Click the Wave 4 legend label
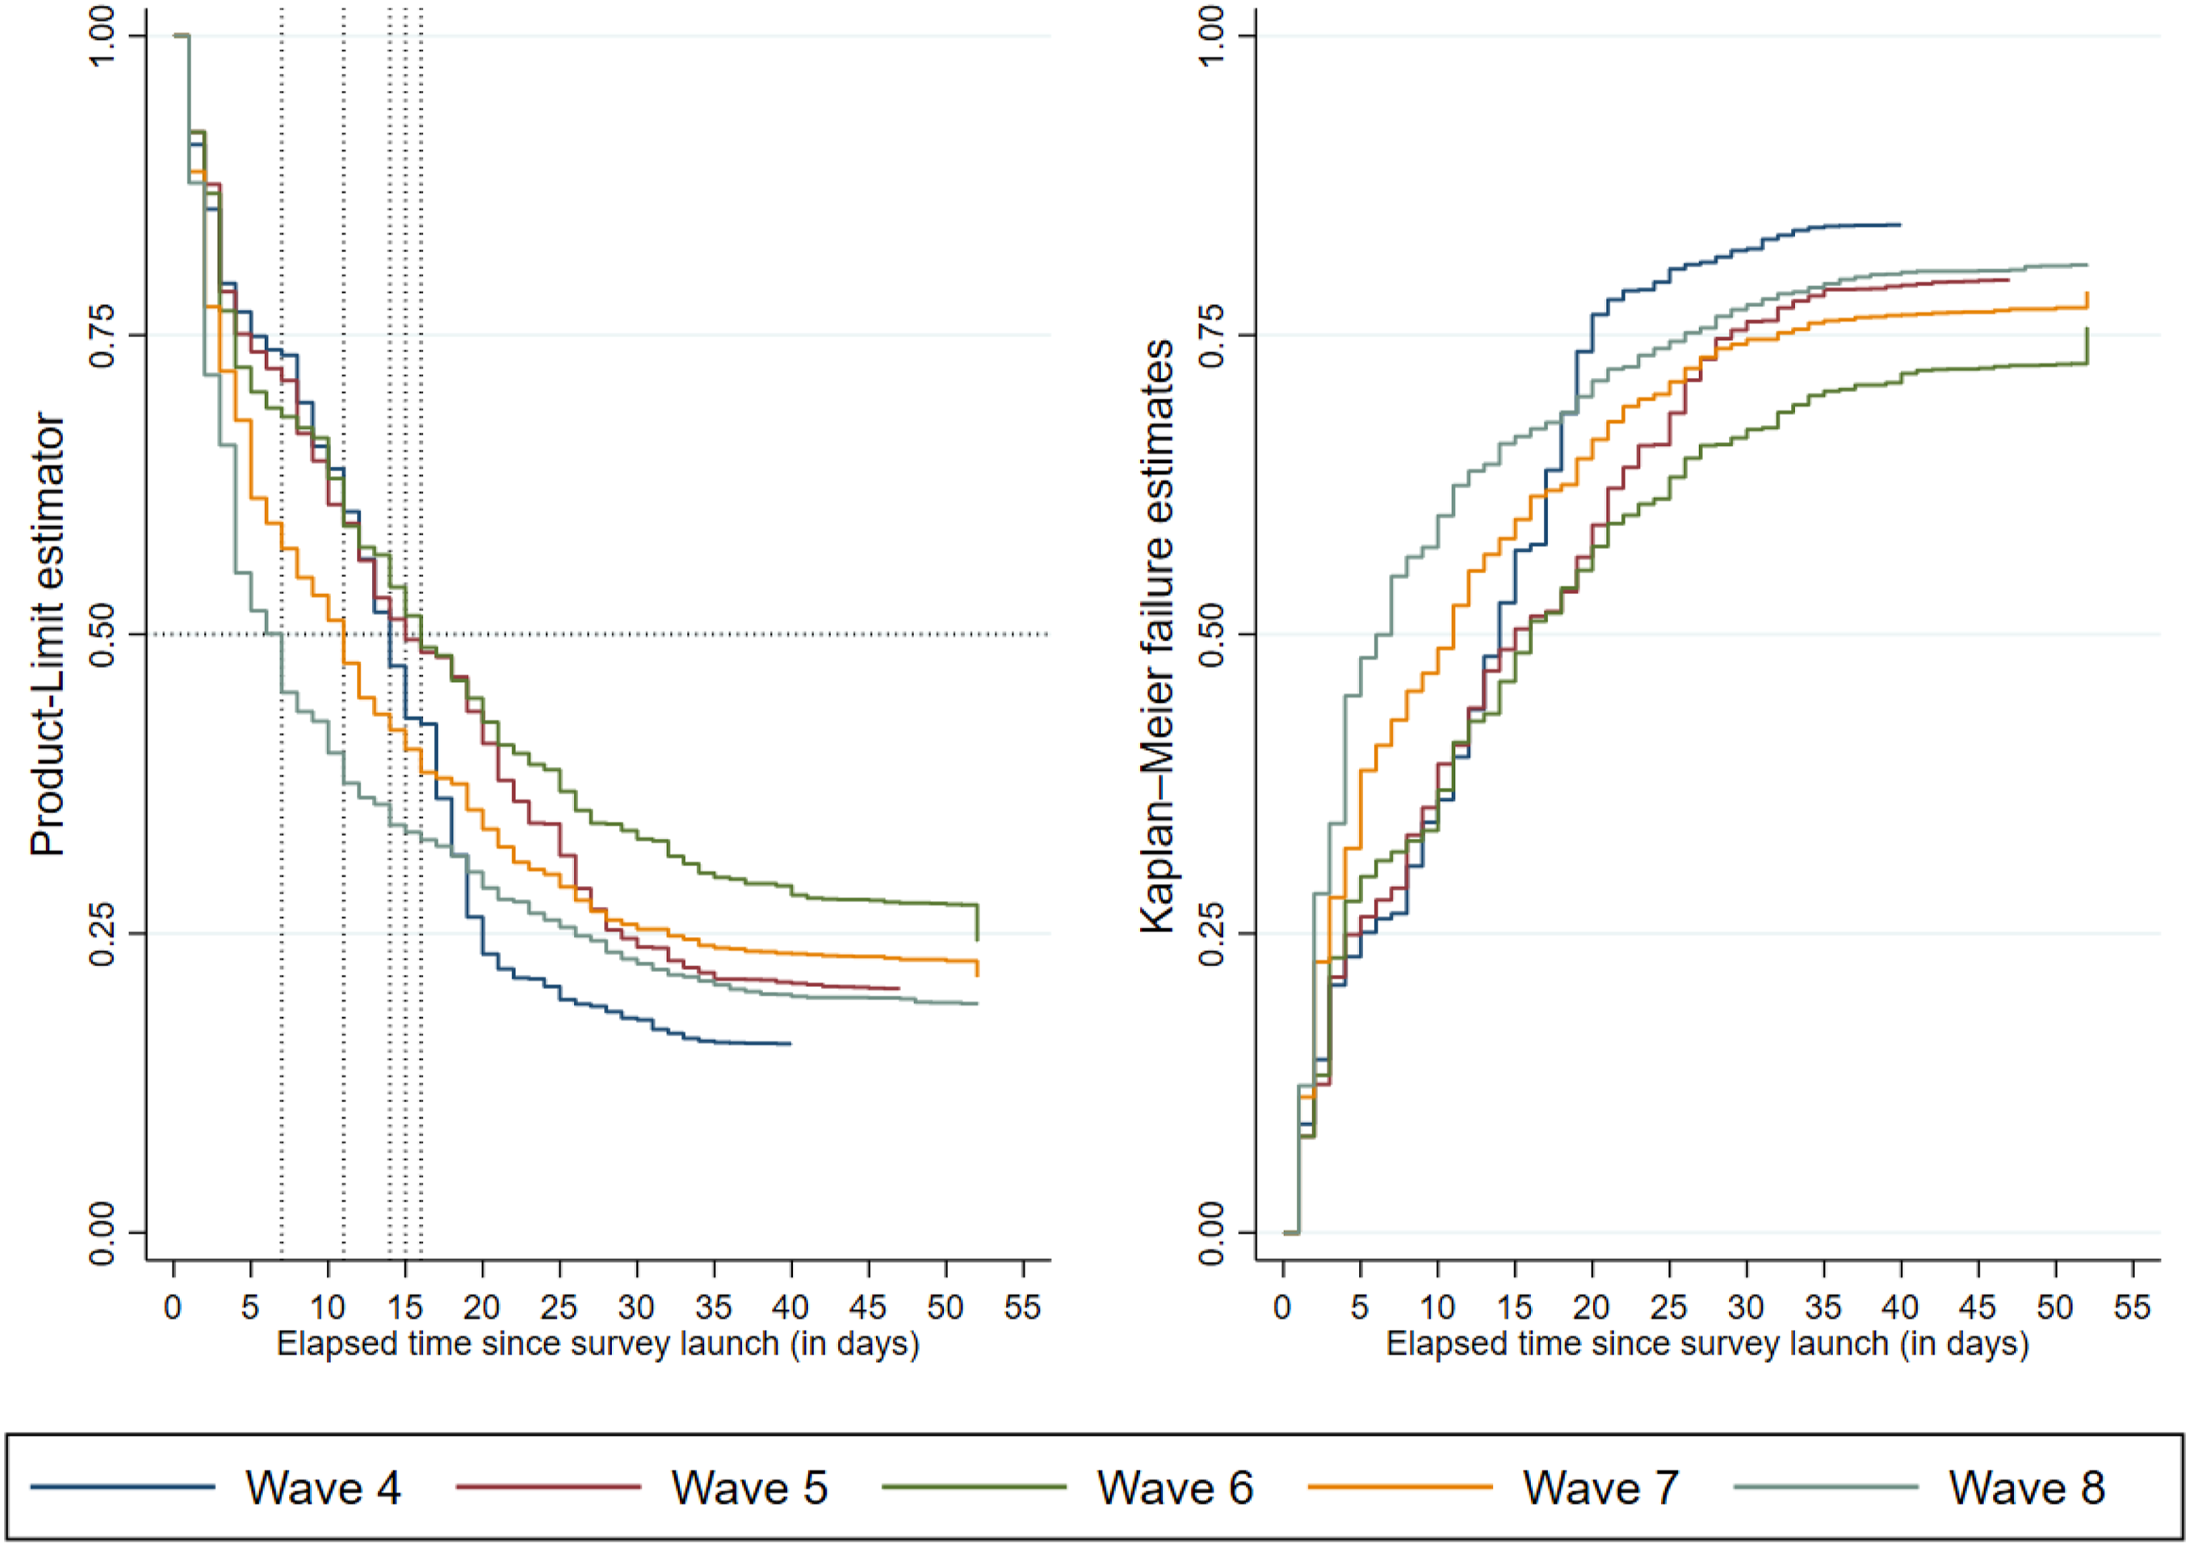[323, 1488]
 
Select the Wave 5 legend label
[750, 1488]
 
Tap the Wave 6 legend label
[1175, 1488]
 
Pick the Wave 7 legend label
[1602, 1488]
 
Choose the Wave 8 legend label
[2027, 1488]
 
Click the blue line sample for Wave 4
[123, 1487]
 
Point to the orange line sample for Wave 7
[1400, 1487]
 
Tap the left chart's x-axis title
[598, 1344]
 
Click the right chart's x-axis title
[1708, 1344]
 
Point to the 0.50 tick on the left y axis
[102, 634]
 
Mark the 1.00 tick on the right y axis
[1212, 37]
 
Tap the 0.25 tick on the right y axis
[1212, 934]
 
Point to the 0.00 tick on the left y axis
[102, 1233]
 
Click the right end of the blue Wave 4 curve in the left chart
[791, 1044]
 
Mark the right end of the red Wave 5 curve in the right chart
[2009, 279]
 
